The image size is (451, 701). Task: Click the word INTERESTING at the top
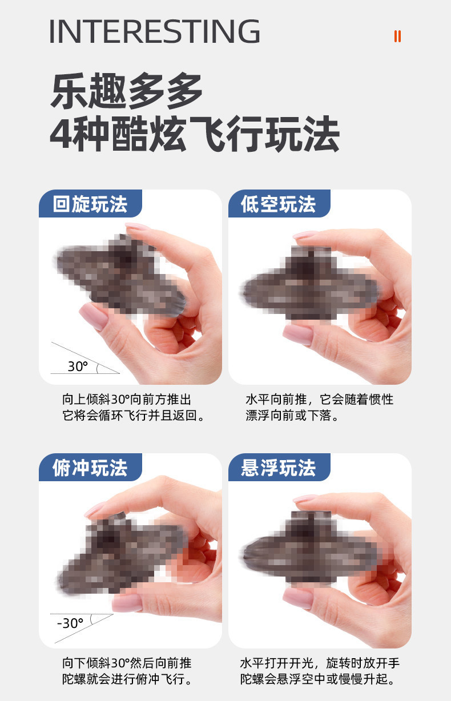[x=154, y=32]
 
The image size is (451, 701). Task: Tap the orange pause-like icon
[x=397, y=36]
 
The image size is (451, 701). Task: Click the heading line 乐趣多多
[x=127, y=92]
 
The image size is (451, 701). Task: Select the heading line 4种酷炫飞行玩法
[x=194, y=135]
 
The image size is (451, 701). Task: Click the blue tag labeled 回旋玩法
[x=90, y=204]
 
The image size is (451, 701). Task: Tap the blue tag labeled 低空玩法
[x=279, y=204]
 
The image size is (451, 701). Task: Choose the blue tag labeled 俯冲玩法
[x=90, y=468]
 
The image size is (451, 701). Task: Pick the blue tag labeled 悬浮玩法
[x=279, y=468]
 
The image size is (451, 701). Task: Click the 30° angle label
[x=78, y=366]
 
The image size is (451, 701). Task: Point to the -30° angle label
[x=70, y=623]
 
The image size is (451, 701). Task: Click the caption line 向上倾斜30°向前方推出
[x=127, y=399]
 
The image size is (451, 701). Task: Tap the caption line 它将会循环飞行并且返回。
[x=134, y=416]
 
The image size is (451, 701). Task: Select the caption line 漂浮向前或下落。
[x=292, y=416]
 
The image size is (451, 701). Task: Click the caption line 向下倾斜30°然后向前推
[x=127, y=663]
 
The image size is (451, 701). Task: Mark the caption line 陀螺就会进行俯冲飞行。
[x=127, y=679]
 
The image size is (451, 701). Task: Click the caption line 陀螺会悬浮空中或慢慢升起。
[x=318, y=679]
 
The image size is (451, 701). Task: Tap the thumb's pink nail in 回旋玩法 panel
[x=92, y=317]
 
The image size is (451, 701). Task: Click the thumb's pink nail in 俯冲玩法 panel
[x=127, y=602]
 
